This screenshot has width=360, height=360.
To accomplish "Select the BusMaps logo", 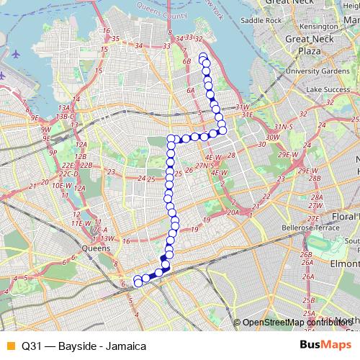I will point(325,346).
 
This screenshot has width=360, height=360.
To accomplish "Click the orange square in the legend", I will point(10,346).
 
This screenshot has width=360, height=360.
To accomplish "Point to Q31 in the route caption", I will point(31,346).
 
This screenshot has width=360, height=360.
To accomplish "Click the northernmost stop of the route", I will point(203,57).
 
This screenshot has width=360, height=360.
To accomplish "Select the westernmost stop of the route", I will point(137,282).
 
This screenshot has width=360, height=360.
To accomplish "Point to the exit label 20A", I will point(233,212).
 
